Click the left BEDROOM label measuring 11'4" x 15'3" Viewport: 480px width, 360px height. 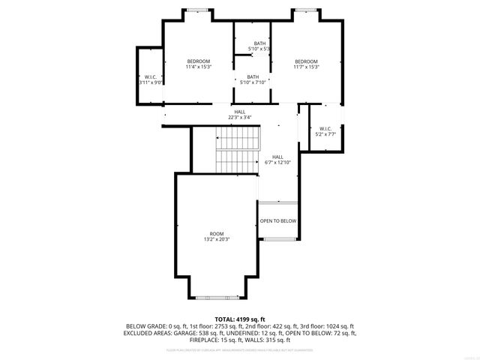[199, 64]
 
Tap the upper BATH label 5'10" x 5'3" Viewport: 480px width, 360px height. [259, 46]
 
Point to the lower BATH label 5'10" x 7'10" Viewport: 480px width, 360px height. [253, 79]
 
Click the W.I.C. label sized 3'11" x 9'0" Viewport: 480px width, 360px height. [150, 79]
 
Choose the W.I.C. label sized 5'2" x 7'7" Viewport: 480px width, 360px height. [325, 131]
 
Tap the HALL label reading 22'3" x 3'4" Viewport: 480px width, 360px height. [239, 115]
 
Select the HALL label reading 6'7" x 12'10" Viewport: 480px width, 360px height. [277, 160]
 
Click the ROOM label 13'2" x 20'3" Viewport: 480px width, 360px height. [217, 236]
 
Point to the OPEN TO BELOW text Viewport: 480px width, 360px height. [278, 221]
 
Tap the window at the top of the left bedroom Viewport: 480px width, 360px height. [198, 10]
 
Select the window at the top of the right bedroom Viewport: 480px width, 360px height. [305, 10]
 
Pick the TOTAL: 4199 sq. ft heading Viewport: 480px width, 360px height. [240, 319]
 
